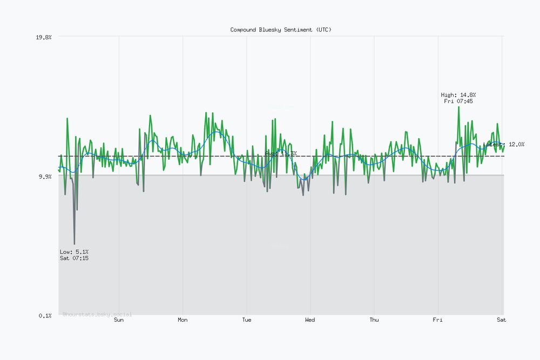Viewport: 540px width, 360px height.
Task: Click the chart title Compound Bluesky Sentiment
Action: pos(281,30)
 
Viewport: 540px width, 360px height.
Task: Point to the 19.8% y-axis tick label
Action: pos(44,37)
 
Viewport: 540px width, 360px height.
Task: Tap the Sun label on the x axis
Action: pos(119,320)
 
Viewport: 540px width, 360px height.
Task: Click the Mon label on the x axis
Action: pos(183,320)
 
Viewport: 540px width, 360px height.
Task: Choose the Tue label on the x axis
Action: pos(246,320)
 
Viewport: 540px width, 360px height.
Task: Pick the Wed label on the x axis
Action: pos(310,320)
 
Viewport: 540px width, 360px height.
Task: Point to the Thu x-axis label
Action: pos(374,320)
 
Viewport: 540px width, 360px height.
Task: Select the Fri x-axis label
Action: pos(437,320)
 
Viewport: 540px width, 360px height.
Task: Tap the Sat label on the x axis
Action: pos(502,320)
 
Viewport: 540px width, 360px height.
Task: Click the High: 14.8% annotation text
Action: pos(458,95)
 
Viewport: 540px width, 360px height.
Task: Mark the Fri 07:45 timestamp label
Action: pos(458,101)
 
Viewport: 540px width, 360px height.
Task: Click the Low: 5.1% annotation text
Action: pos(75,252)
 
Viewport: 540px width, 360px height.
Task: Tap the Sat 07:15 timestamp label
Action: pos(75,259)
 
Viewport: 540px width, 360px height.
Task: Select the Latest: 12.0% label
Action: pos(504,145)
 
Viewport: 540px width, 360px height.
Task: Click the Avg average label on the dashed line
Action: pos(281,154)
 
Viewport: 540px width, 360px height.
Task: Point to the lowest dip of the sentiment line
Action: pos(74,244)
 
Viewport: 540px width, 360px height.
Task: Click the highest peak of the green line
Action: pos(458,107)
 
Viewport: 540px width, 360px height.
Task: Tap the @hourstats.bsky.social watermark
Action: pos(97,314)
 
